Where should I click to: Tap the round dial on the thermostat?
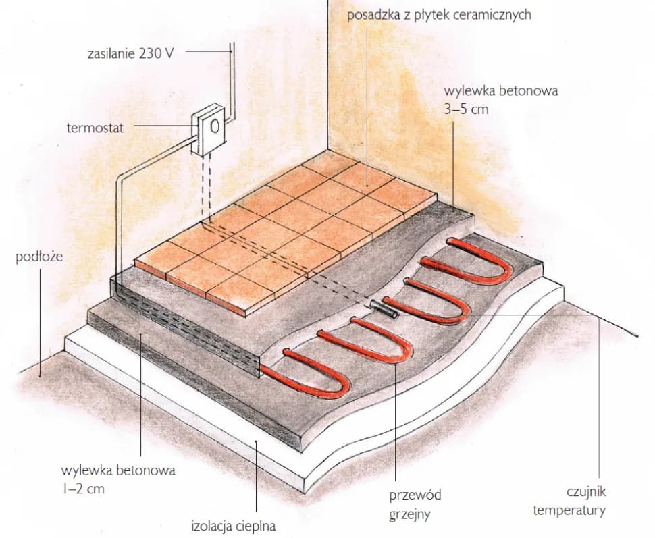click(215, 126)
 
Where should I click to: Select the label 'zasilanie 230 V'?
click(130, 53)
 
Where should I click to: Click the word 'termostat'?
click(95, 128)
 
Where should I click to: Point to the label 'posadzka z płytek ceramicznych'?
click(439, 15)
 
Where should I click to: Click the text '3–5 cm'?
click(466, 109)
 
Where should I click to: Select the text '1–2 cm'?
click(83, 488)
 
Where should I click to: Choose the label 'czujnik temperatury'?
click(569, 501)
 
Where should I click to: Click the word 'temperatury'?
click(569, 510)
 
